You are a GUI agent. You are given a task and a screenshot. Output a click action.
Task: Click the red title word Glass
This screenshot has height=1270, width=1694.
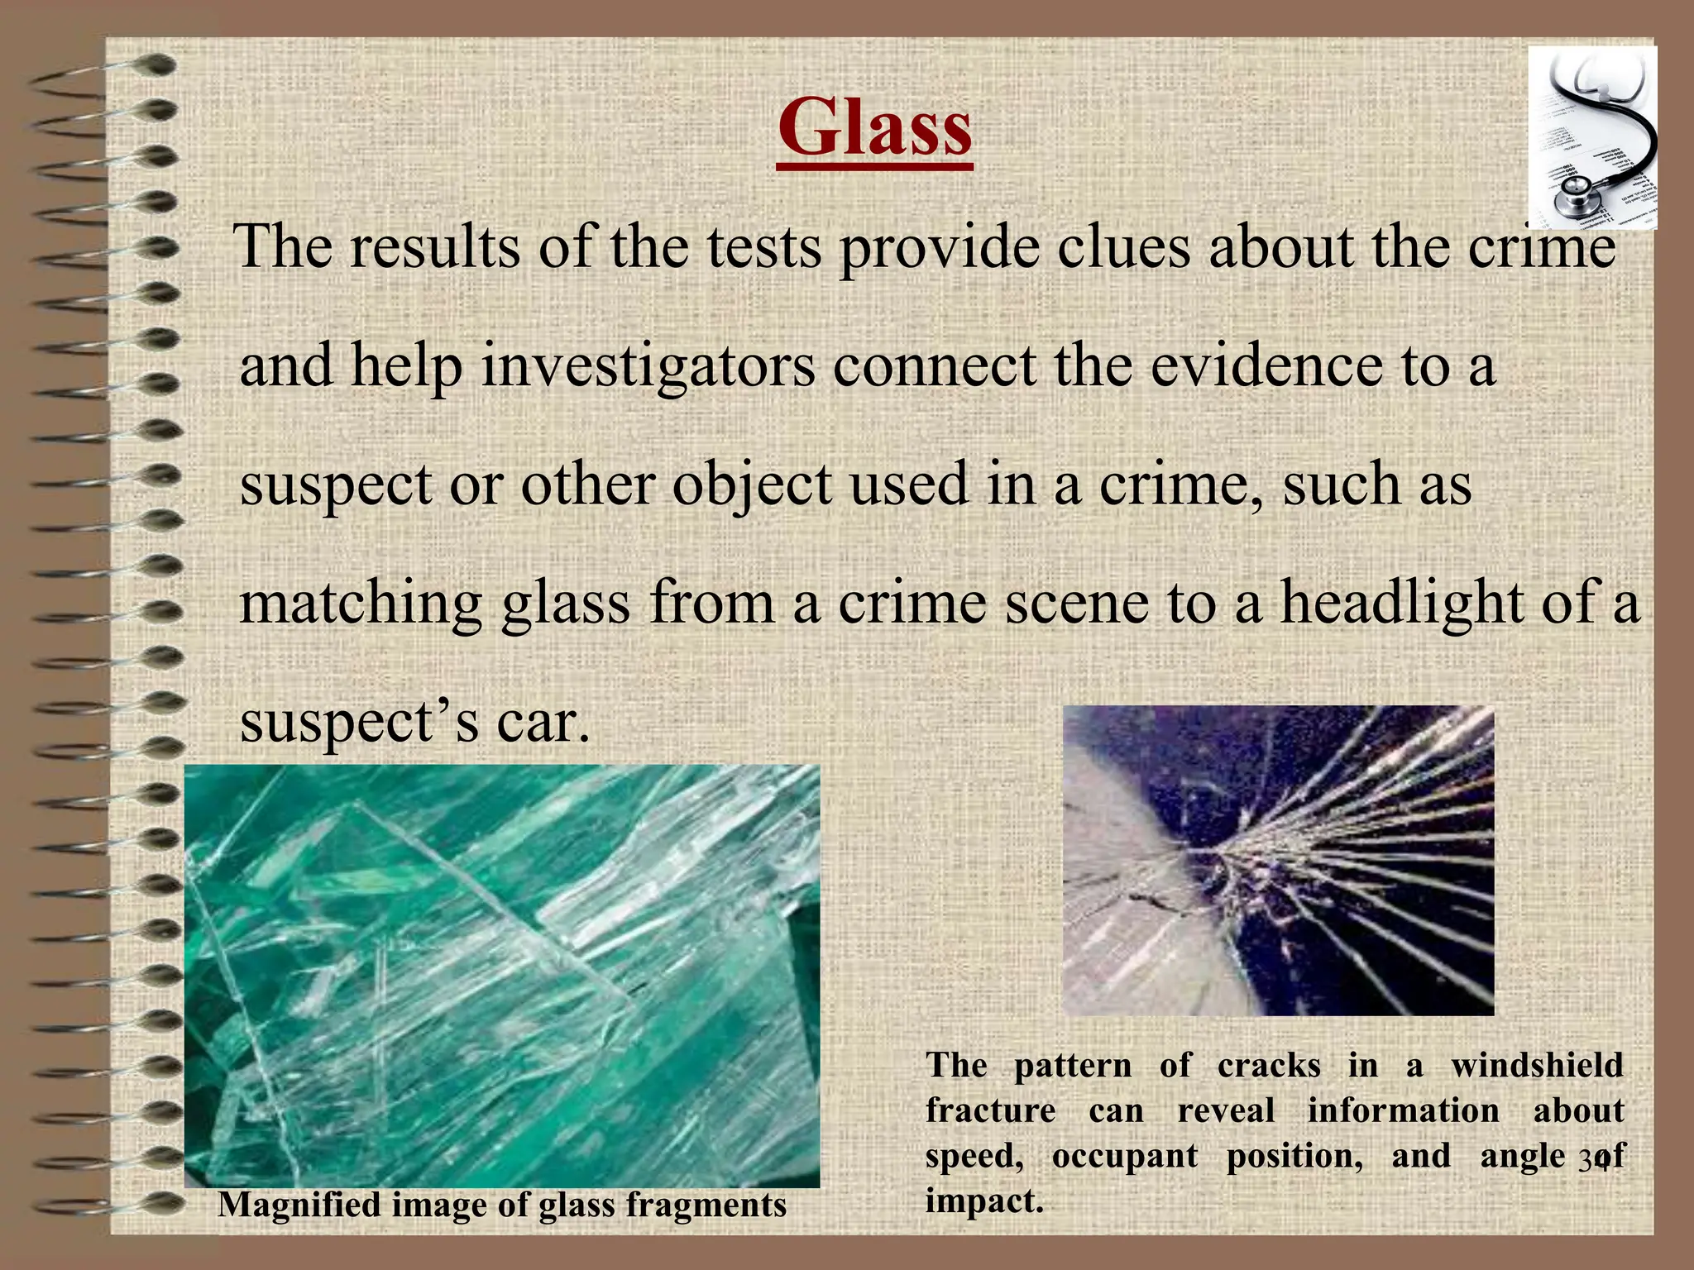(x=874, y=129)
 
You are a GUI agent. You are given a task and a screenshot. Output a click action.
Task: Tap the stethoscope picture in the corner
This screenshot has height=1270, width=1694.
(x=1591, y=137)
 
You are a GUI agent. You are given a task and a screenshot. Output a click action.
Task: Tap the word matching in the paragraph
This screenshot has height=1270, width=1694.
(x=360, y=604)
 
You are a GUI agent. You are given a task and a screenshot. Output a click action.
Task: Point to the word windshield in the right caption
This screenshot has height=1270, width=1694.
(x=1537, y=1065)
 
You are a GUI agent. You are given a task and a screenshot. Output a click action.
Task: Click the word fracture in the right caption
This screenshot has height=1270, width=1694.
(x=990, y=1110)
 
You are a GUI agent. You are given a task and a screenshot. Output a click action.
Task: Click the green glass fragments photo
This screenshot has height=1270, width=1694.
(x=501, y=976)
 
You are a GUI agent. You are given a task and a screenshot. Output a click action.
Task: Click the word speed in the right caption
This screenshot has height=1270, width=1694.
(x=974, y=1156)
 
